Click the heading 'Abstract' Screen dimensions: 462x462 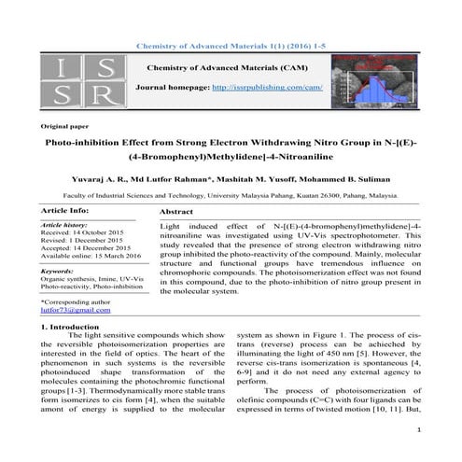[x=176, y=213]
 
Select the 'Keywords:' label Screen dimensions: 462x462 [x=58, y=271]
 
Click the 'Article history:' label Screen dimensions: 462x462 [x=63, y=226]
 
